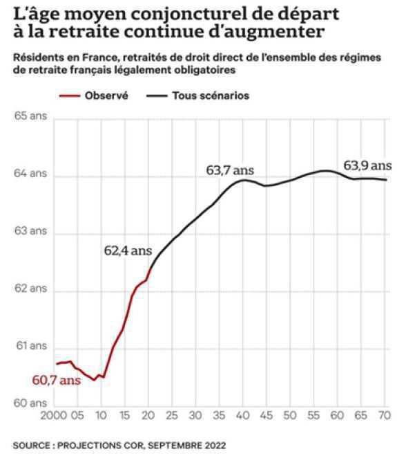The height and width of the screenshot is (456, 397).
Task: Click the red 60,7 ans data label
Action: [52, 380]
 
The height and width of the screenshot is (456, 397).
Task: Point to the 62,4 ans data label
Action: [128, 251]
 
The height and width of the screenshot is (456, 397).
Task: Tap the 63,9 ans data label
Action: [367, 165]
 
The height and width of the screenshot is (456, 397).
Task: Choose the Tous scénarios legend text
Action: [210, 95]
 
